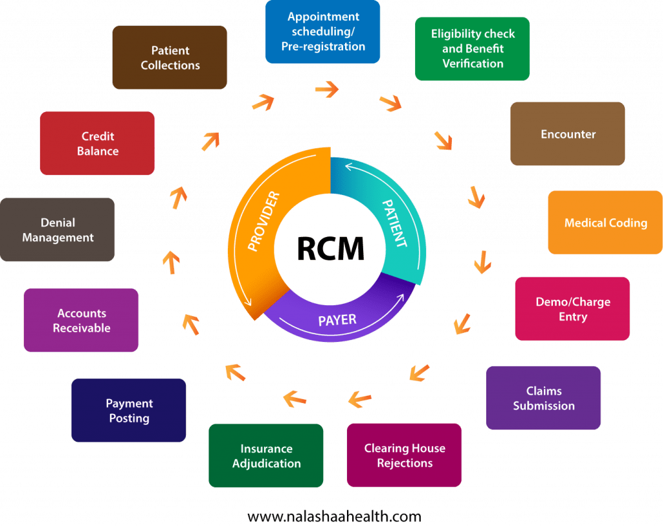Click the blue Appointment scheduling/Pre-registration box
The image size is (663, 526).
322,32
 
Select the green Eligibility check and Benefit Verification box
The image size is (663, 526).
472,49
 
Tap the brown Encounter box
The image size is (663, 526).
567,134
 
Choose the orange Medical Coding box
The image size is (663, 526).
605,223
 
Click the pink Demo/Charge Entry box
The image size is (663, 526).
572,309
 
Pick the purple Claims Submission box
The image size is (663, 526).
543,398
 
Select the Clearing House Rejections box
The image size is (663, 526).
404,455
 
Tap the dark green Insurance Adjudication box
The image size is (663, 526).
266,455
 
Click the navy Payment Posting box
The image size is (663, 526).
129,410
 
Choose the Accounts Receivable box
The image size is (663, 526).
81,321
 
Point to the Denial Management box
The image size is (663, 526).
58,230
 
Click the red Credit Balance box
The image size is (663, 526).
97,143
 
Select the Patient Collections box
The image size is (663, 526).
170,58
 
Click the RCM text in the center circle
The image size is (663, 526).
330,249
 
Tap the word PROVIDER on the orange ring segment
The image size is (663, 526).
264,221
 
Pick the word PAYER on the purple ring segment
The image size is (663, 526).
337,319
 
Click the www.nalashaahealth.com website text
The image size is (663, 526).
334,516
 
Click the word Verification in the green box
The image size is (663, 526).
473,63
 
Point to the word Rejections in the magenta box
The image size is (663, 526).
405,463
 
